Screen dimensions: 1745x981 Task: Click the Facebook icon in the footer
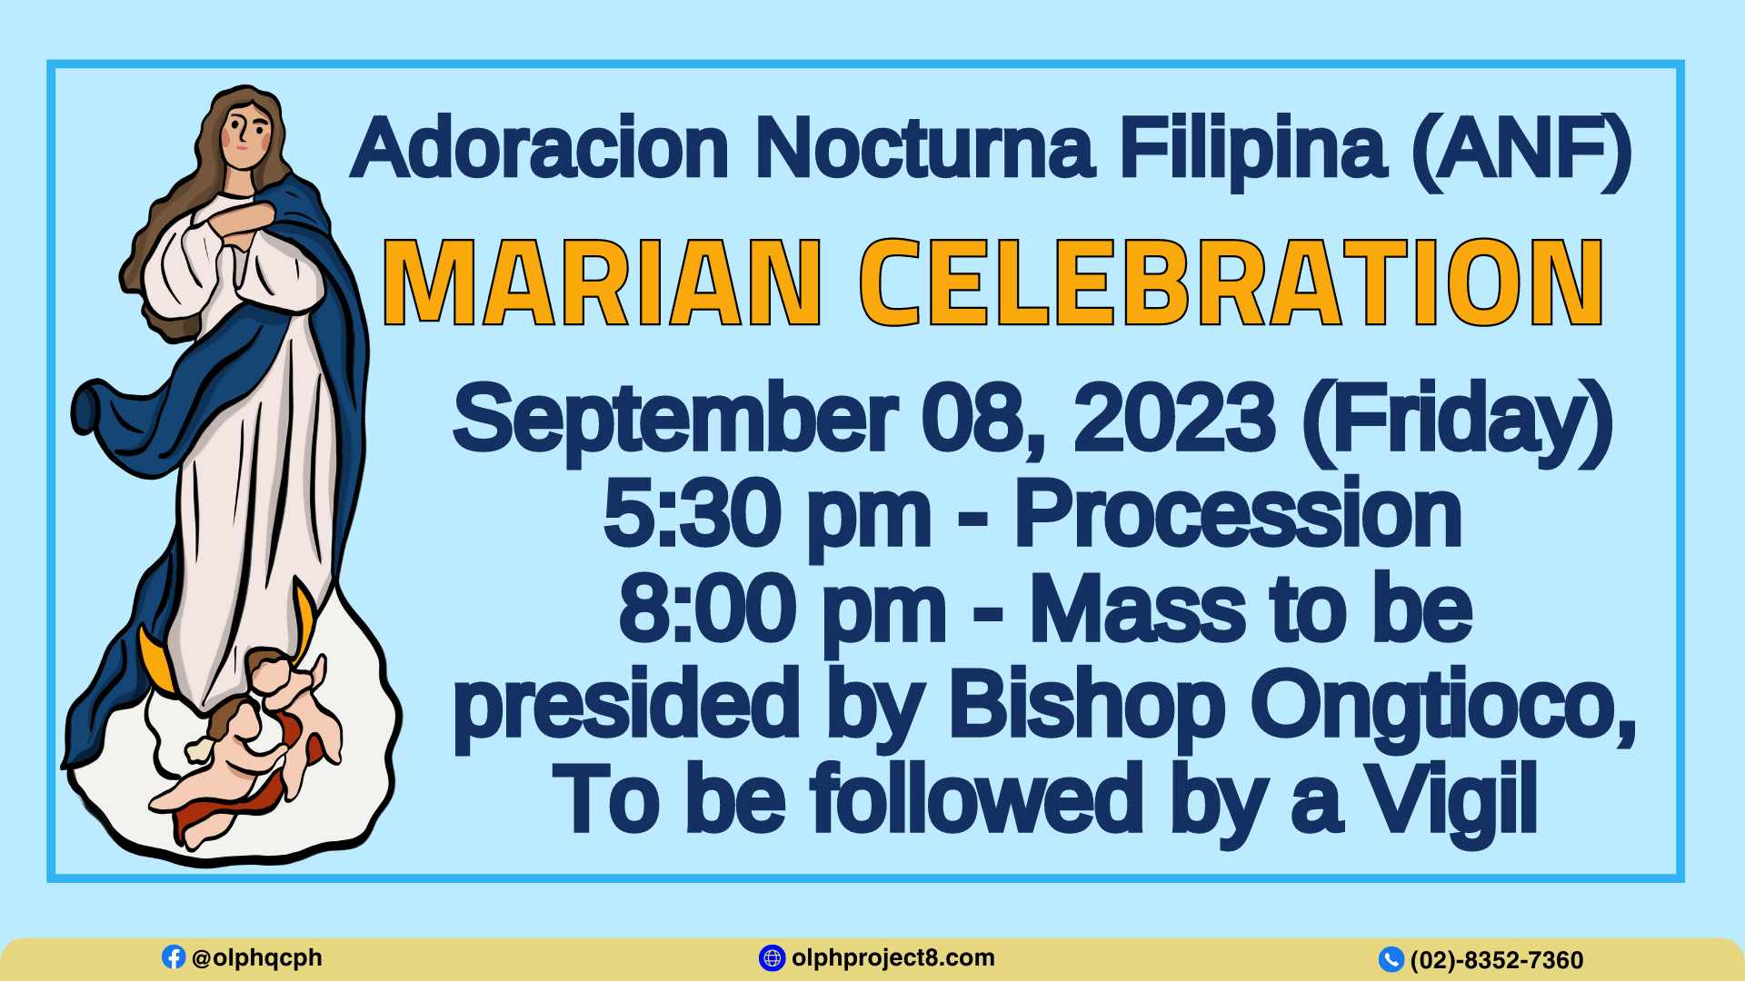(x=173, y=956)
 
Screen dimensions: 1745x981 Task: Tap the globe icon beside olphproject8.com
(x=772, y=957)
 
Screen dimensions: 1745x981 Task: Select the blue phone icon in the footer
(x=1391, y=959)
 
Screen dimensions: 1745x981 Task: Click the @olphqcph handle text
(x=256, y=958)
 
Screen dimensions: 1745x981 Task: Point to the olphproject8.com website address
(x=892, y=958)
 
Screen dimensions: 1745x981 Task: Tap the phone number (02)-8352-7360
(x=1497, y=960)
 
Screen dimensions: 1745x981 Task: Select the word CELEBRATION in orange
(x=1231, y=282)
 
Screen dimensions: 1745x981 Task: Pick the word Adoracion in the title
(x=540, y=148)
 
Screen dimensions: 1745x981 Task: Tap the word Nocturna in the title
(x=924, y=148)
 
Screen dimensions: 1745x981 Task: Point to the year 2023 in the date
(x=1173, y=419)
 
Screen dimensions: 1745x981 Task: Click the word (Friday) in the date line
(x=1457, y=422)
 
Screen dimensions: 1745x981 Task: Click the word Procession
(x=1238, y=514)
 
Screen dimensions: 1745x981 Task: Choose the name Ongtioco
(x=1443, y=708)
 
